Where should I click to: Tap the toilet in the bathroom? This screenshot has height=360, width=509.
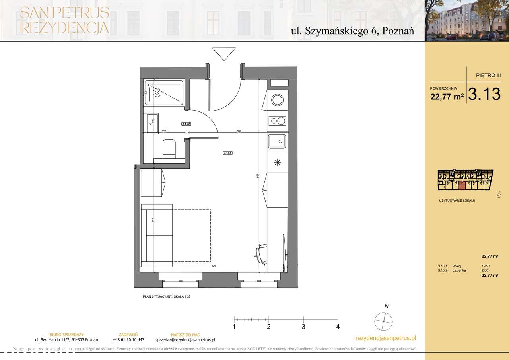point(169,148)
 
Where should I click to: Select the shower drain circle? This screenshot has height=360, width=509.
point(157,93)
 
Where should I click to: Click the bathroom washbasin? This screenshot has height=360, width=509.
point(152,123)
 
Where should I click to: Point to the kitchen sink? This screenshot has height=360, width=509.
point(277,142)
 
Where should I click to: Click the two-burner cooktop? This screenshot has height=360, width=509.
point(277,120)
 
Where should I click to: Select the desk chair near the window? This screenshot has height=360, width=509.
point(261,253)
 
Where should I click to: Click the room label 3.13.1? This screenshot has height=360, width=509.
point(227,152)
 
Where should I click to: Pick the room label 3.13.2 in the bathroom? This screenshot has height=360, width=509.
point(186,124)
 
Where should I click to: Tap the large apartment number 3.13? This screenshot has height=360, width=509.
point(484,94)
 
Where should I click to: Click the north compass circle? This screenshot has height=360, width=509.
point(384,320)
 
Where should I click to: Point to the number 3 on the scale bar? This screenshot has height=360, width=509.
point(303,327)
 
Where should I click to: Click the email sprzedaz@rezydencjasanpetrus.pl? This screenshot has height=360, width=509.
point(185,340)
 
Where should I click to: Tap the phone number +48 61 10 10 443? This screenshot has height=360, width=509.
point(128,340)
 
